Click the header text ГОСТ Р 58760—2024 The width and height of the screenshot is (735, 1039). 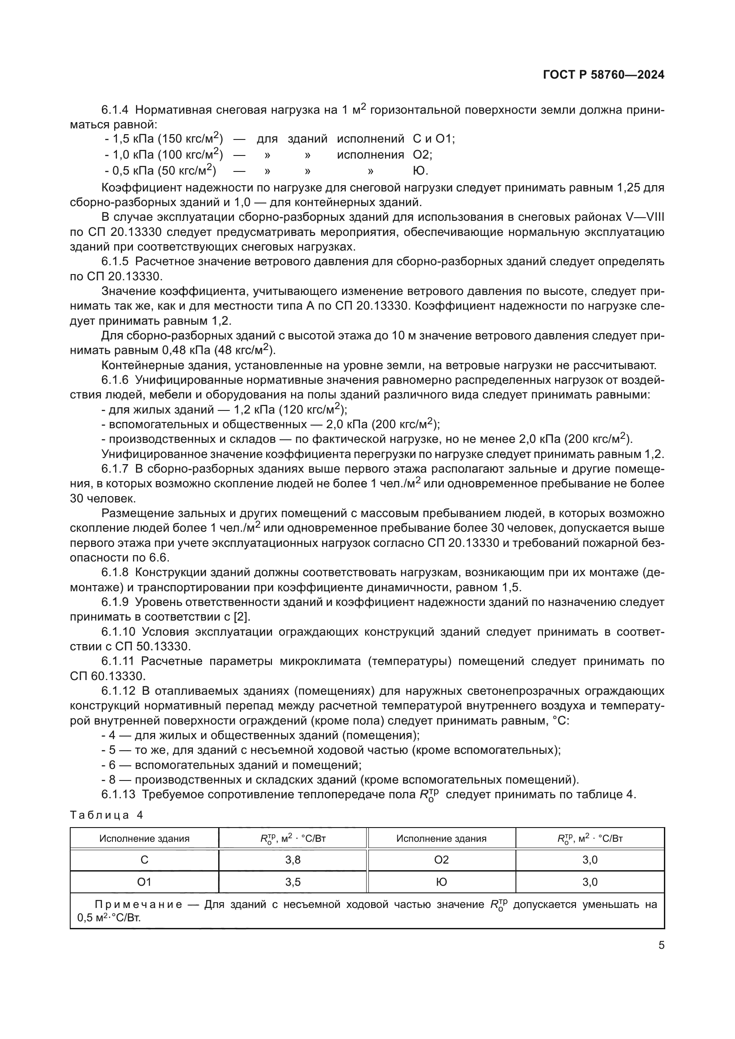point(603,75)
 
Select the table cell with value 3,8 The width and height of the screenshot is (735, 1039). point(293,860)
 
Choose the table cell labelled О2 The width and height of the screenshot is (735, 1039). point(441,860)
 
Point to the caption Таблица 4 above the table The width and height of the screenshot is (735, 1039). point(107,815)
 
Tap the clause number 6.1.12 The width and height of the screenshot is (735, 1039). point(118,691)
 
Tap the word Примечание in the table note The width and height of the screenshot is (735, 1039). point(138,904)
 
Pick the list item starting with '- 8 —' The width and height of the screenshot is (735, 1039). point(340,780)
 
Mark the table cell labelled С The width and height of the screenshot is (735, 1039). point(144,860)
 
